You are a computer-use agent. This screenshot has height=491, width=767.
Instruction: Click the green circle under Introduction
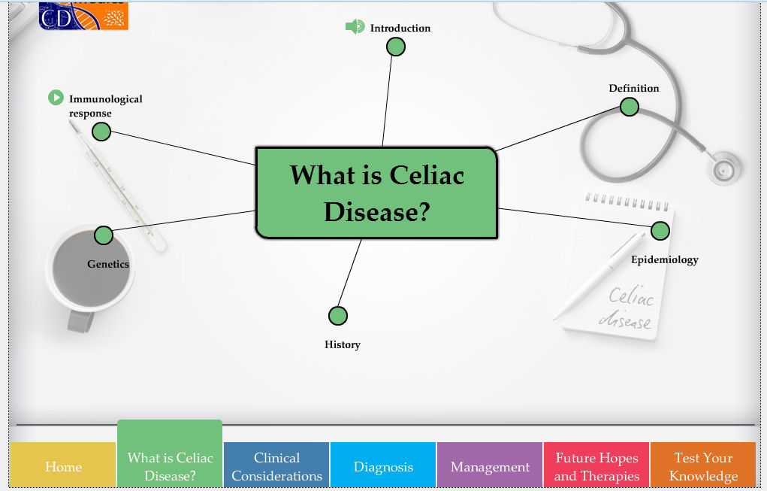(396, 47)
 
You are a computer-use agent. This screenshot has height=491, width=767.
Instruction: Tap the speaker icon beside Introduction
(355, 27)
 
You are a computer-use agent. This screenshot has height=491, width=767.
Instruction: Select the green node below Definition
(630, 107)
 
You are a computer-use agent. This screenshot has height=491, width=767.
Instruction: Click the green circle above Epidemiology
(660, 231)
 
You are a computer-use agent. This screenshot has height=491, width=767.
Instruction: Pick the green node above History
(338, 315)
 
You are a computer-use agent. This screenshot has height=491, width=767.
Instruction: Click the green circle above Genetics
(104, 235)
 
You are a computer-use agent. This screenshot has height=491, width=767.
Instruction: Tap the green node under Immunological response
(101, 132)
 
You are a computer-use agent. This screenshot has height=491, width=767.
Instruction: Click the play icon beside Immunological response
(56, 98)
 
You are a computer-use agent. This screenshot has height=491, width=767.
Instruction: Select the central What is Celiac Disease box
(376, 193)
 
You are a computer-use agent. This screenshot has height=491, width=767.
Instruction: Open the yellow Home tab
(63, 466)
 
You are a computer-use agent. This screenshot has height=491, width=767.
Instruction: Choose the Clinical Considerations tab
(276, 466)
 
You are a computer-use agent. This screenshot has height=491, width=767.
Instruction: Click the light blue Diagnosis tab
(383, 466)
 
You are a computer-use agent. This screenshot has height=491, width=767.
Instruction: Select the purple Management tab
(490, 466)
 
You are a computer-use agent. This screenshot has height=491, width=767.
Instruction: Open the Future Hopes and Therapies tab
(596, 466)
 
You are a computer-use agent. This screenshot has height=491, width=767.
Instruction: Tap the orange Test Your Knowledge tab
(703, 466)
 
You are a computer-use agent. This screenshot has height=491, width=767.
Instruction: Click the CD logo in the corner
(83, 15)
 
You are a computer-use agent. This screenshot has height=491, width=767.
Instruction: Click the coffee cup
(90, 271)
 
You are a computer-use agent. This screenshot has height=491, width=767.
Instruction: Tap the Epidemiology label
(664, 259)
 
